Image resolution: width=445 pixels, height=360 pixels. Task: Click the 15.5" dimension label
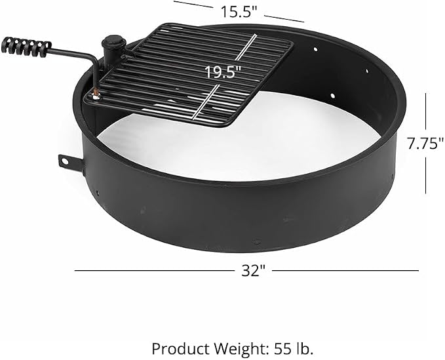239,12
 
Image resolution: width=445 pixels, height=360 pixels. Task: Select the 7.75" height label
425,144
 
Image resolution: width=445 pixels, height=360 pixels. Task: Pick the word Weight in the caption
242,350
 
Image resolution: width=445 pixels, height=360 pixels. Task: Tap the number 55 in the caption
282,349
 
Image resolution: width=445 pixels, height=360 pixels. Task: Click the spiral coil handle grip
26,47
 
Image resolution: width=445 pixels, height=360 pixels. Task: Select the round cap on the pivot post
114,42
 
